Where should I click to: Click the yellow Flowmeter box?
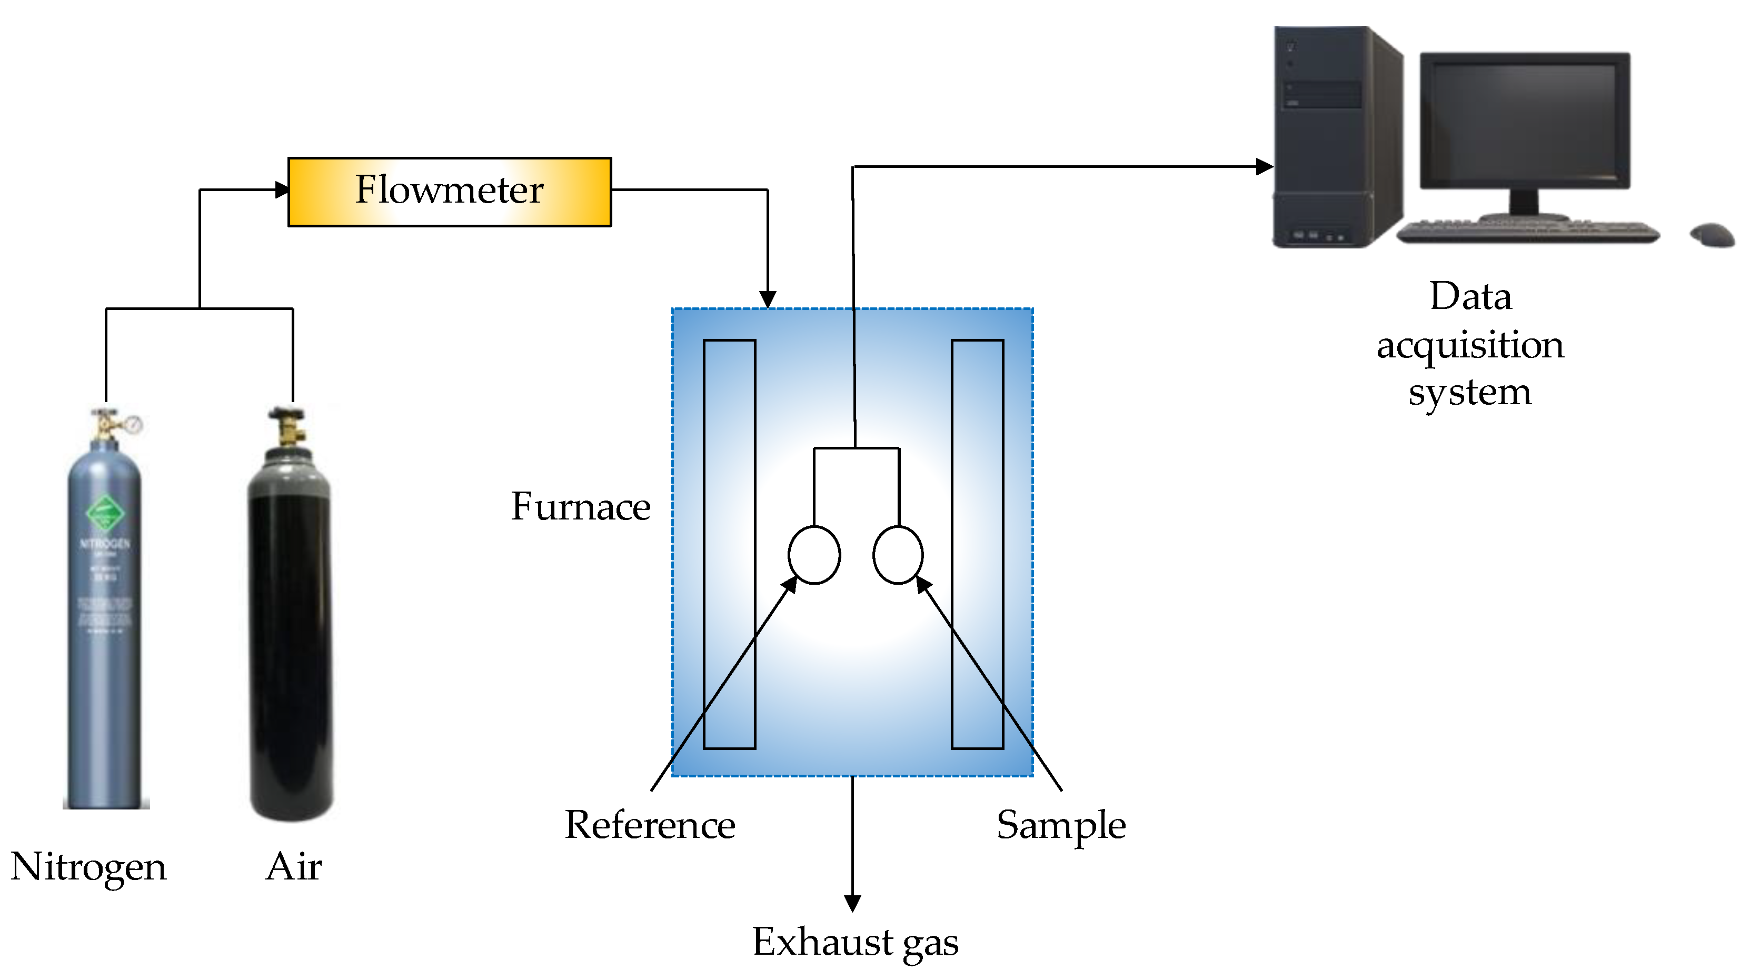(449, 192)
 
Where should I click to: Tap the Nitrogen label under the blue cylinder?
(88, 867)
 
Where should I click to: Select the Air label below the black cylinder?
(293, 867)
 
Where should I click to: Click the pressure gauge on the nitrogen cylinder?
(134, 424)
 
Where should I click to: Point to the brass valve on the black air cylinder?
(290, 428)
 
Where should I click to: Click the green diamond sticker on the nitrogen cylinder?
(105, 513)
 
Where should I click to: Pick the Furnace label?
(580, 507)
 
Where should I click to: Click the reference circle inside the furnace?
(814, 555)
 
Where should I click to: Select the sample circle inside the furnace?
(898, 555)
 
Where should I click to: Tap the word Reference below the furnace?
(650, 825)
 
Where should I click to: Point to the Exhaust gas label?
(854, 942)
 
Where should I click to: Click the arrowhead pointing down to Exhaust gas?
(852, 903)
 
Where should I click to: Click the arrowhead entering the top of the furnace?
(768, 299)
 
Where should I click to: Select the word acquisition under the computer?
(1470, 345)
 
